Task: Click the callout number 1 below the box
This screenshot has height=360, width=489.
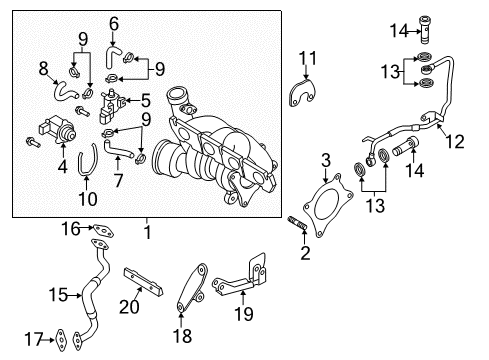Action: pos(147,232)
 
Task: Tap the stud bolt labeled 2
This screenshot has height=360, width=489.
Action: pos(297,223)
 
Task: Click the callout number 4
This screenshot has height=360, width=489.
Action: pos(62,166)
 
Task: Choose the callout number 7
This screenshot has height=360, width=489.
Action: pos(118,180)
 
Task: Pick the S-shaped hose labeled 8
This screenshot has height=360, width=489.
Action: pos(65,91)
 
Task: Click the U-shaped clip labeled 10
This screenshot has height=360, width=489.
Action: pos(87,160)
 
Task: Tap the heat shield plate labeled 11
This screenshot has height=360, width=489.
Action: pos(301,93)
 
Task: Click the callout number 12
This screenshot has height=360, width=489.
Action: pos(455,142)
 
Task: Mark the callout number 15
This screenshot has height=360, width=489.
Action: pos(58,295)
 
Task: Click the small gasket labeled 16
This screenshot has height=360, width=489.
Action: pos(103,230)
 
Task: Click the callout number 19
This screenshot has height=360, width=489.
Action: pos(244,314)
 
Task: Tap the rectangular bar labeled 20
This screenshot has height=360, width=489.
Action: pos(143,282)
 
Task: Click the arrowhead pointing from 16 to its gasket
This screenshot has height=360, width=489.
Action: pos(91,228)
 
